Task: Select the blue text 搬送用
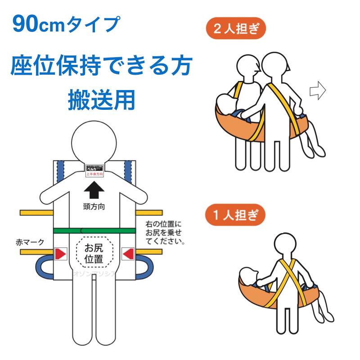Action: click(x=102, y=100)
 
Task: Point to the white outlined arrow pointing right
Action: click(x=317, y=90)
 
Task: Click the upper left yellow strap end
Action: click(x=36, y=211)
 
